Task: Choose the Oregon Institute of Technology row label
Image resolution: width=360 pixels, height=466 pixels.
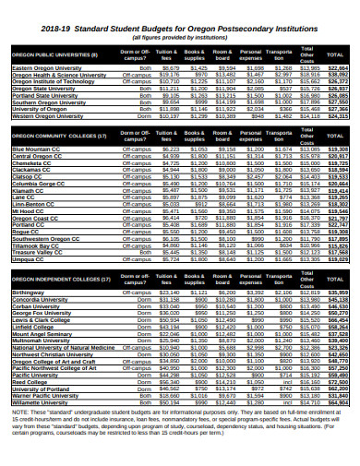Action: [x=51, y=81]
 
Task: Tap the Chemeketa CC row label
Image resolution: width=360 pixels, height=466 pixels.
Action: [x=31, y=162]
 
